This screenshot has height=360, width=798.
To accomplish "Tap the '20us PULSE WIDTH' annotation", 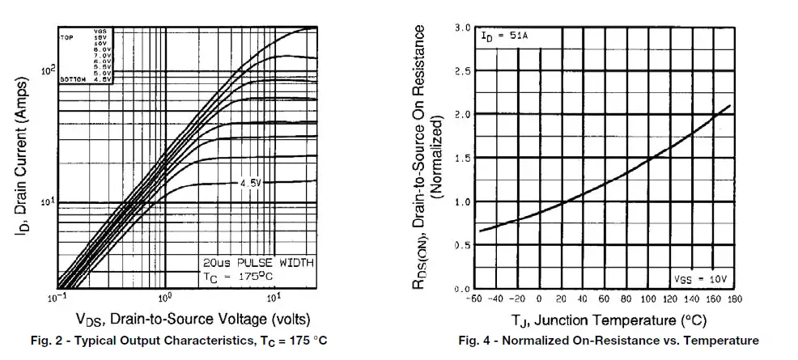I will coord(257,263).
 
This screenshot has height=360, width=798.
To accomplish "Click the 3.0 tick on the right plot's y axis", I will coord(462,28).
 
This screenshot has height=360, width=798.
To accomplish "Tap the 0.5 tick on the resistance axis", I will coord(462,245).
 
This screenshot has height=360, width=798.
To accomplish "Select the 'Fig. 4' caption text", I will coord(608,341).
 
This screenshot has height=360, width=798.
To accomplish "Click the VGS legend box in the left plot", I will coord(86,55).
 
